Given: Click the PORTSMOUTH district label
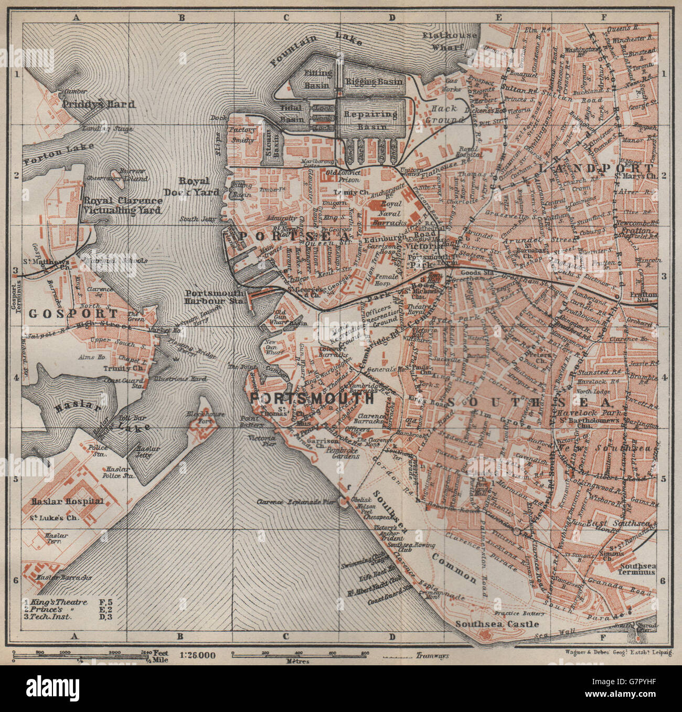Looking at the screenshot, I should click(x=319, y=399).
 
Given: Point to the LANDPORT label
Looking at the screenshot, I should click(x=596, y=168).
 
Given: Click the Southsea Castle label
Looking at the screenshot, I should click(x=497, y=624).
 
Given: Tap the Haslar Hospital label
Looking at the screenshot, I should click(x=67, y=501).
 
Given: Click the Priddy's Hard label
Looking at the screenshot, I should click(x=98, y=104).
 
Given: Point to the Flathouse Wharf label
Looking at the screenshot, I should click(x=451, y=41).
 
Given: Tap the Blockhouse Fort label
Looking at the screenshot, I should click(x=205, y=418).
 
